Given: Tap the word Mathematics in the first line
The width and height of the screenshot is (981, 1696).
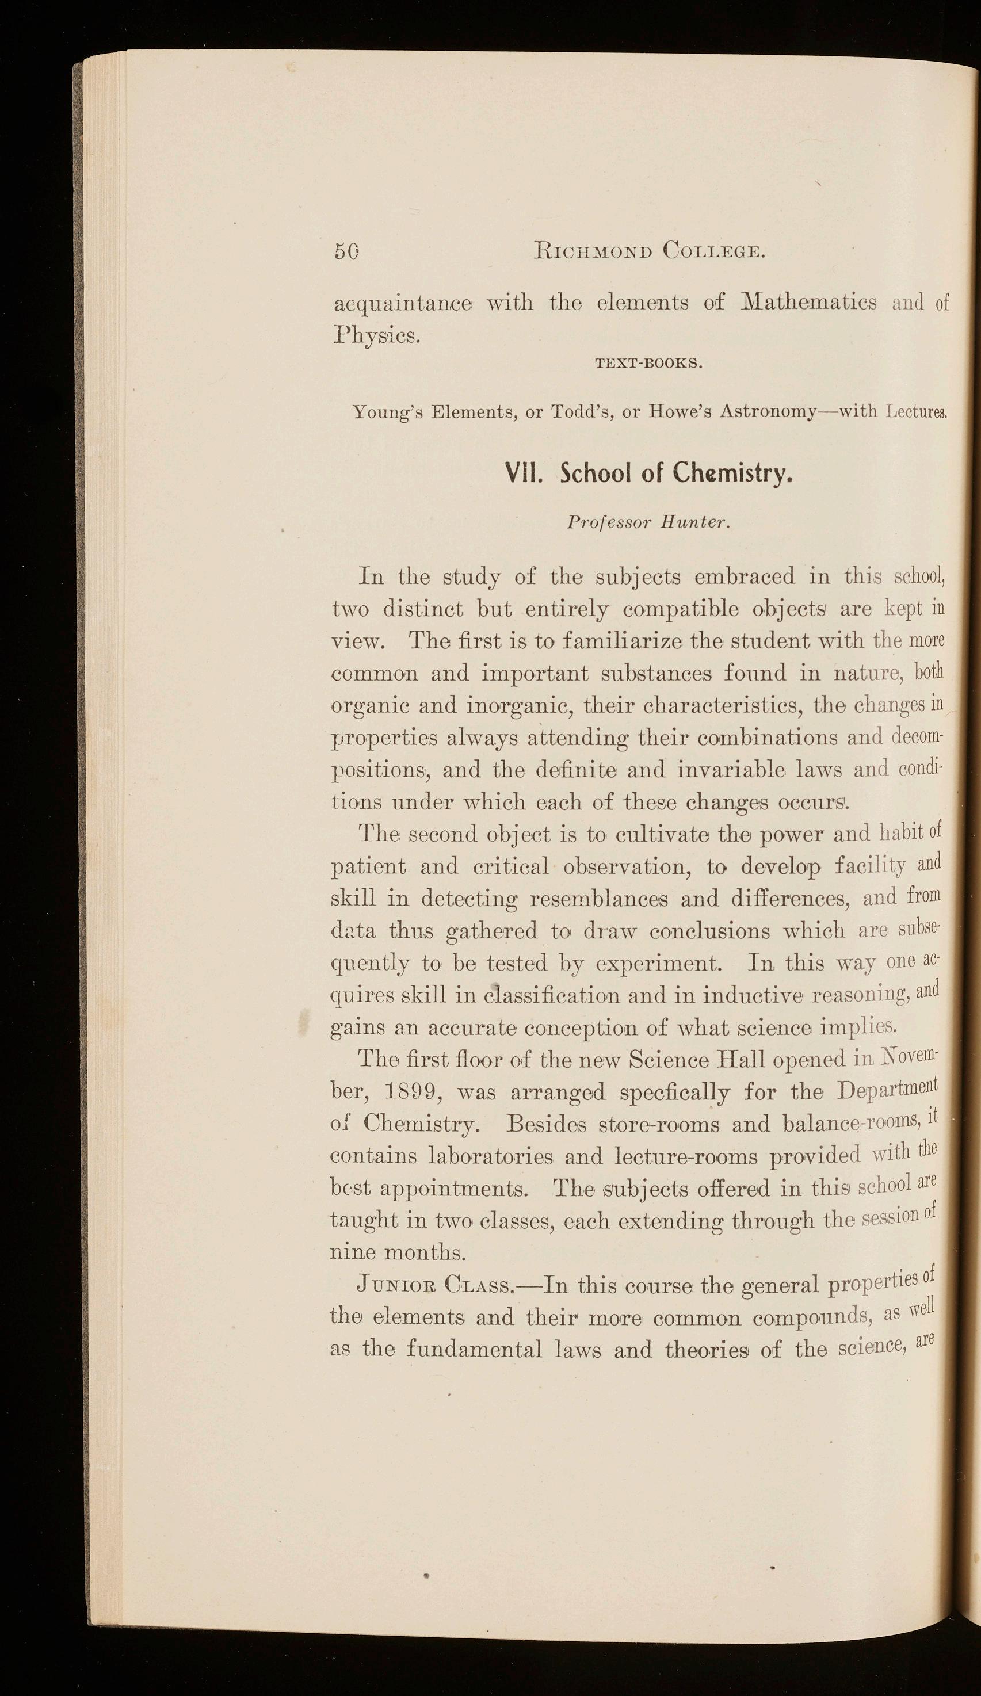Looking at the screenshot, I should pos(808,302).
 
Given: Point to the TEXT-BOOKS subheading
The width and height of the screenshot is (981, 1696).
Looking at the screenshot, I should pos(649,365).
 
